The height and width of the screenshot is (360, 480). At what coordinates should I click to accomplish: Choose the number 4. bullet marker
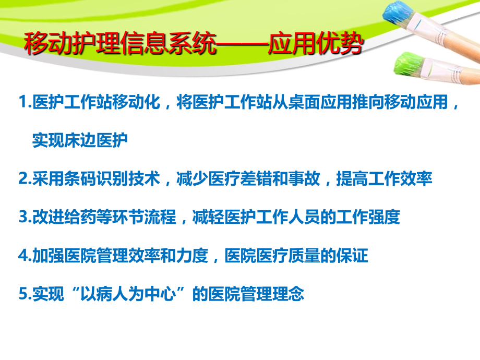click(x=25, y=256)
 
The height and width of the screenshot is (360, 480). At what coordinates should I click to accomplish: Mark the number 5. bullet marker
click(x=25, y=294)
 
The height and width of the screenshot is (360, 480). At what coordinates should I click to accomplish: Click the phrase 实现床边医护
click(x=80, y=141)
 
